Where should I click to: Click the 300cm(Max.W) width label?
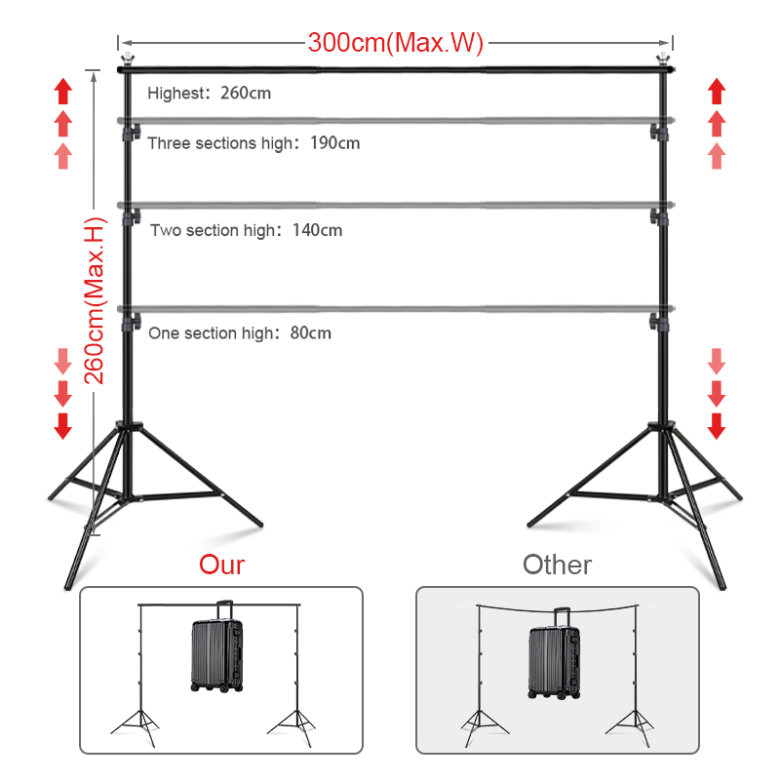coord(396,43)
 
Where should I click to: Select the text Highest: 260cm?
coord(209,95)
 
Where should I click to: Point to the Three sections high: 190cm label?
coord(253,143)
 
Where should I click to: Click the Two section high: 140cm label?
coord(246,231)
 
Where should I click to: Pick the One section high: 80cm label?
coord(240,333)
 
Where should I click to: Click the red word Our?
coord(221,565)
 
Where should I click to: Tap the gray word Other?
coord(557,565)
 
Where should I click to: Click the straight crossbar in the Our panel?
coord(175,606)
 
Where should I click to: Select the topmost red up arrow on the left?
coord(63,92)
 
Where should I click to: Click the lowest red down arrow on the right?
coord(717,425)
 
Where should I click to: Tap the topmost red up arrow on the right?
coord(717,92)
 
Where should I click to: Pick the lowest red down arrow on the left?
coord(63,425)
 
